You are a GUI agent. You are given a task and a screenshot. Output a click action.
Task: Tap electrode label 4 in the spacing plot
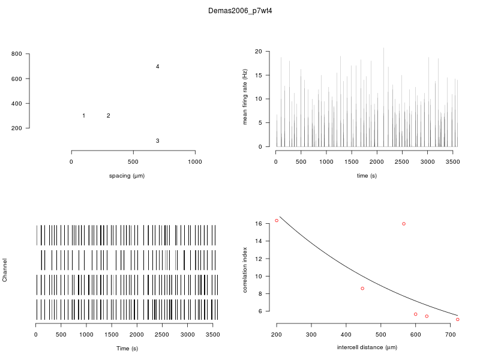157,67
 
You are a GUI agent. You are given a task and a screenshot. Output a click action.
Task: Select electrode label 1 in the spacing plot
83,116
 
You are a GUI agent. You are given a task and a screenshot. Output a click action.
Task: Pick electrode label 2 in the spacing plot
108,116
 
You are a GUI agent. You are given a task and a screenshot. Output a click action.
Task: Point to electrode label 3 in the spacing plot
157,141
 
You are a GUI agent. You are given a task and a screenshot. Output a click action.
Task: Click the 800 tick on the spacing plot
17,54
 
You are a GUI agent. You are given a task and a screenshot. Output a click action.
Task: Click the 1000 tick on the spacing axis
195,161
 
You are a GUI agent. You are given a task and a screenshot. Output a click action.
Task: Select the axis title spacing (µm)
127,176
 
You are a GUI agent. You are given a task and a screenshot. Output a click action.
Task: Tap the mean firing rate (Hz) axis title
245,97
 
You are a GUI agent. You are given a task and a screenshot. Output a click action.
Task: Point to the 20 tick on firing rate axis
258,52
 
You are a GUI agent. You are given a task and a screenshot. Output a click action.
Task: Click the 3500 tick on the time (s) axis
452,161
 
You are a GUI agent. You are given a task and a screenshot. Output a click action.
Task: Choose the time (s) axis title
367,176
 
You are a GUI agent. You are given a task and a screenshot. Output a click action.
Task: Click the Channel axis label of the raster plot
5,271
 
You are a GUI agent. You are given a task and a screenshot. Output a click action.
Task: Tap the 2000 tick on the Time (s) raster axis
137,335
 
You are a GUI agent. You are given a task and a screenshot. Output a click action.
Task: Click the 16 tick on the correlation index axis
259,224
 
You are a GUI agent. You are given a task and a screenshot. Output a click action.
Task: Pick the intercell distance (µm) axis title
367,347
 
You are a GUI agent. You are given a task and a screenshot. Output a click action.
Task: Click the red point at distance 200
277,221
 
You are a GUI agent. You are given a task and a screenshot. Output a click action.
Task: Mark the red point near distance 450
362,289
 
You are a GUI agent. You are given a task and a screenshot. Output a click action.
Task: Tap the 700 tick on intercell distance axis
450,335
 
